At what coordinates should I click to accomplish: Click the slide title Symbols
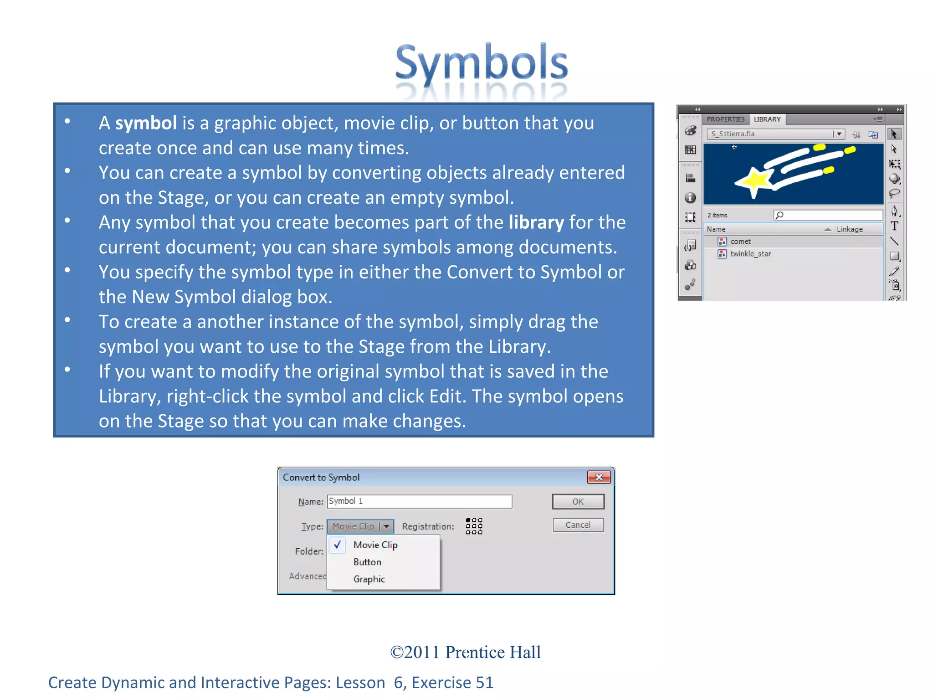tap(481, 63)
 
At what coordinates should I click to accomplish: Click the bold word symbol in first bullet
tap(146, 124)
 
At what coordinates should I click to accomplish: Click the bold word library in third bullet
tap(536, 223)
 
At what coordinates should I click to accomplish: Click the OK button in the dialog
tap(578, 501)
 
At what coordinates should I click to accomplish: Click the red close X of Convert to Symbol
tap(599, 477)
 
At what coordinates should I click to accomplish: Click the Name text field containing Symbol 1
tap(419, 501)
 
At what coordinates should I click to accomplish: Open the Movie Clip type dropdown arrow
tap(386, 526)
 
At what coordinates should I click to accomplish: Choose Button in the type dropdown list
tap(367, 562)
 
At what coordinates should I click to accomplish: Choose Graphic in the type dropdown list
tap(369, 579)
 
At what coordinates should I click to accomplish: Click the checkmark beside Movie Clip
tap(338, 545)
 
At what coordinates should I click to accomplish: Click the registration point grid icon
tap(474, 526)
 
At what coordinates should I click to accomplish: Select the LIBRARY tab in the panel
tap(767, 119)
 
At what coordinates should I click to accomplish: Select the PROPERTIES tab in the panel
tap(725, 119)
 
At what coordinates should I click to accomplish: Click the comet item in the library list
tap(740, 242)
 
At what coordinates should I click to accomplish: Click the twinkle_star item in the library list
tap(750, 254)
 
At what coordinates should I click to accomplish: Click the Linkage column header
tap(850, 229)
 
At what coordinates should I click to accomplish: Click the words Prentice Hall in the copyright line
tap(493, 652)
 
